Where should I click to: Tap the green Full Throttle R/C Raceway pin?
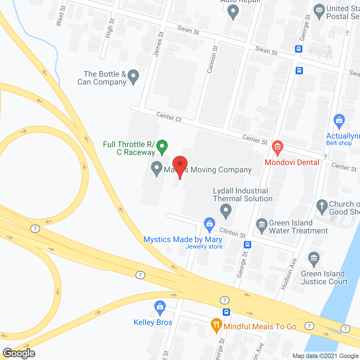click(x=162, y=147)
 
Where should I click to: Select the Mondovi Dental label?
click(x=292, y=162)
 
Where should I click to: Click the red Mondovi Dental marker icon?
click(x=278, y=147)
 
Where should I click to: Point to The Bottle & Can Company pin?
click(x=133, y=76)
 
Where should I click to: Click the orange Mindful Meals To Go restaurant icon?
click(x=216, y=325)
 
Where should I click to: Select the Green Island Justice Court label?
click(x=324, y=278)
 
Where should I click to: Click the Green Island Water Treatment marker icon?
click(x=262, y=225)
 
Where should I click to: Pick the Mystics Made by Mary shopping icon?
click(x=209, y=224)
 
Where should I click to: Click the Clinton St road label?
click(x=233, y=232)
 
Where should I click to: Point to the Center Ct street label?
click(x=169, y=117)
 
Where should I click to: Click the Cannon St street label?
click(x=212, y=60)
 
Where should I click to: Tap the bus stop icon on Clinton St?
click(x=247, y=244)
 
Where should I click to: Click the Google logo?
click(x=19, y=353)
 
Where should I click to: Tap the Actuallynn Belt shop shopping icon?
click(x=339, y=120)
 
